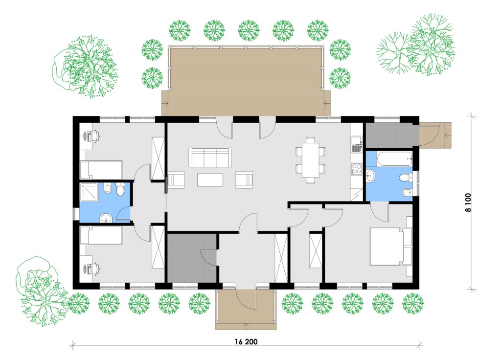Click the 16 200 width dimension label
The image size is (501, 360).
click(x=246, y=342)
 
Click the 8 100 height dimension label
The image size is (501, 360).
click(x=468, y=202)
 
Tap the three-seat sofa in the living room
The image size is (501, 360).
click(x=210, y=157)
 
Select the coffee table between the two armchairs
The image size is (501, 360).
click(x=210, y=180)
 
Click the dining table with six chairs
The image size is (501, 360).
click(x=310, y=159)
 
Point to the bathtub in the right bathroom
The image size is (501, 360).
click(x=395, y=159)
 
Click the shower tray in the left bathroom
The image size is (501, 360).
click(x=91, y=192)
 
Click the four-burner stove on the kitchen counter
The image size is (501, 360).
click(x=356, y=169)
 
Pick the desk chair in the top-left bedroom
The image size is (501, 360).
click(x=95, y=136)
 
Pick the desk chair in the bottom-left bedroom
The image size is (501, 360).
click(x=95, y=269)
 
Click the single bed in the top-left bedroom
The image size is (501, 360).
click(x=101, y=170)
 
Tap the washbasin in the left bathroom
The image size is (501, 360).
click(x=106, y=219)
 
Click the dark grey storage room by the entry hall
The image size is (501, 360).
click(x=192, y=258)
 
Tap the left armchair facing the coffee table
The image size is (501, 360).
click(x=176, y=180)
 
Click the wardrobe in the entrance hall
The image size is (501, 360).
click(x=281, y=258)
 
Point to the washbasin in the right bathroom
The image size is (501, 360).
click(x=370, y=176)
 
